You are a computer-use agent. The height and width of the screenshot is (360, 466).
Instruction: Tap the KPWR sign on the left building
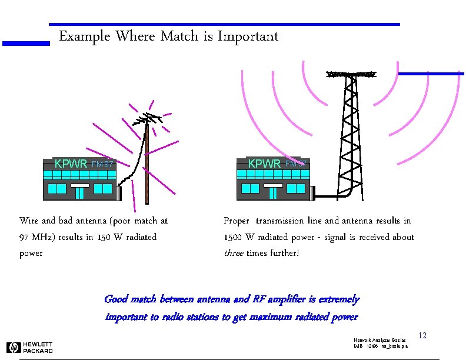coord(71,164)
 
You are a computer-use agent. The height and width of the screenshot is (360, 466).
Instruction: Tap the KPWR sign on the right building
coord(264,164)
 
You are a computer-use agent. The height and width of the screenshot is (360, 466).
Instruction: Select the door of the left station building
coord(80,192)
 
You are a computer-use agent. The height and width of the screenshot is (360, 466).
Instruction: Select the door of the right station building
coord(272,192)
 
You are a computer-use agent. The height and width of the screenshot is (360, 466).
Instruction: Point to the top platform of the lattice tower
coord(351,75)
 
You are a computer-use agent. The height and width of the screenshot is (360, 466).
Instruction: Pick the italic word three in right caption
coord(234,254)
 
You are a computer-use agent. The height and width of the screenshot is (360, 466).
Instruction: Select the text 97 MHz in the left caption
coord(41,237)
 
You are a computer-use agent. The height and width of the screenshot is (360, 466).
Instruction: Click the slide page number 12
coord(422,336)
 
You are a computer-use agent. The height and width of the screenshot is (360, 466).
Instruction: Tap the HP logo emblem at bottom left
coord(13,348)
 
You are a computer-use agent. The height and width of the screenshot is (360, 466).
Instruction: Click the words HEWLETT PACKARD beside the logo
coord(38,348)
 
